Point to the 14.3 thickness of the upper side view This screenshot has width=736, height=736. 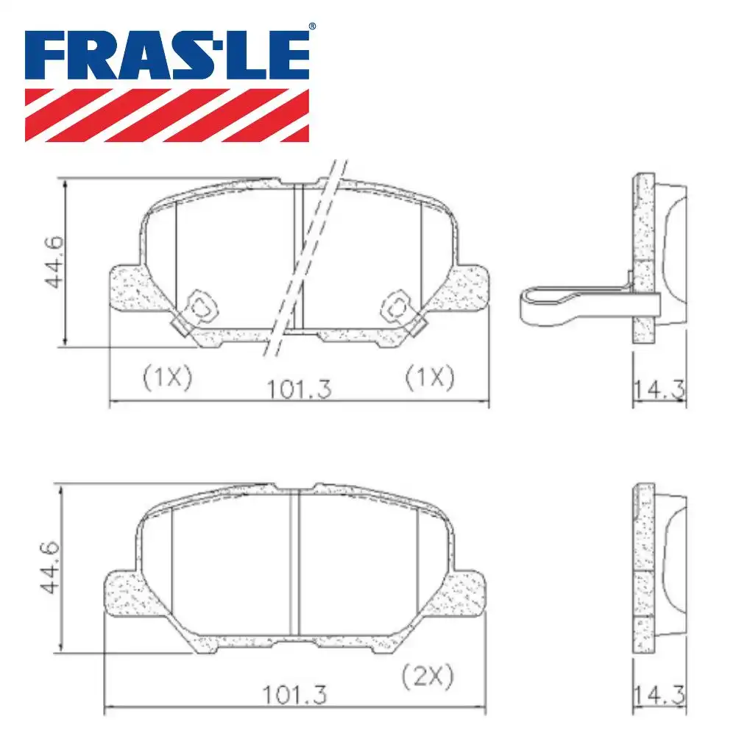(659, 388)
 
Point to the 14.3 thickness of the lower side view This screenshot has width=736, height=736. (659, 693)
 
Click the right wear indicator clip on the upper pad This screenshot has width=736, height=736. (400, 307)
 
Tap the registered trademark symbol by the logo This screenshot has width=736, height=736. (312, 27)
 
